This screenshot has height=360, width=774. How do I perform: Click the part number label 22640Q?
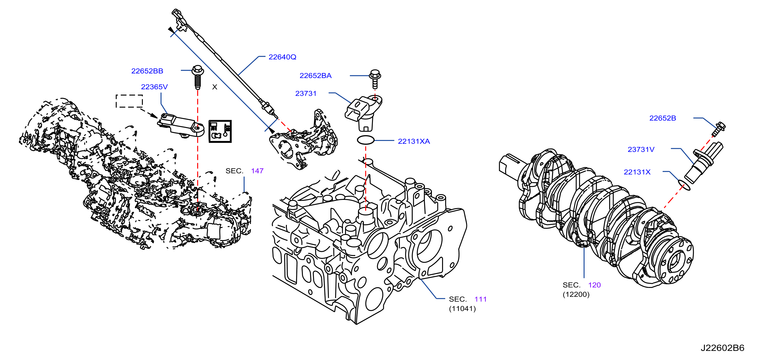[282, 57]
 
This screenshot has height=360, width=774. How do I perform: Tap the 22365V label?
[154, 87]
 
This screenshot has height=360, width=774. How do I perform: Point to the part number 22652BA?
[315, 76]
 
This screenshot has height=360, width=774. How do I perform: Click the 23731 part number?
[306, 93]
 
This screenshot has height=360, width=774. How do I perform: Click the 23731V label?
[641, 149]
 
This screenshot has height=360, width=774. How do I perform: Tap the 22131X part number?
[637, 172]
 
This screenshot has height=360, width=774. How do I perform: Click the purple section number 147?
[257, 171]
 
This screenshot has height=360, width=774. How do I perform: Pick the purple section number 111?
[480, 299]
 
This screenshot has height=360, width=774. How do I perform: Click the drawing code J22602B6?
[722, 348]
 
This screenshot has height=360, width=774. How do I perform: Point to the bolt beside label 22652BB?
[198, 77]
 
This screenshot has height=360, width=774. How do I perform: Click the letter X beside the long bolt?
[215, 87]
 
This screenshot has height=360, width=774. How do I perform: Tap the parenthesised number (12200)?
[576, 294]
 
